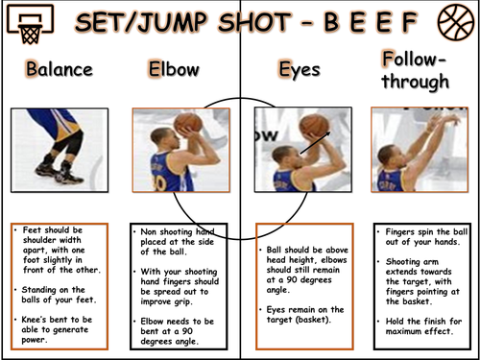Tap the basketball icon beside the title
[x=456, y=22]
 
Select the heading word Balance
[x=60, y=69]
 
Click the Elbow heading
[x=174, y=69]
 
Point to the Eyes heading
[x=300, y=70]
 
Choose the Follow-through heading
[x=416, y=70]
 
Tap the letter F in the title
[x=410, y=22]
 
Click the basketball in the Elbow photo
[x=188, y=123]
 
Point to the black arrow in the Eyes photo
[x=315, y=143]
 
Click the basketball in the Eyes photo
[x=314, y=125]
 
